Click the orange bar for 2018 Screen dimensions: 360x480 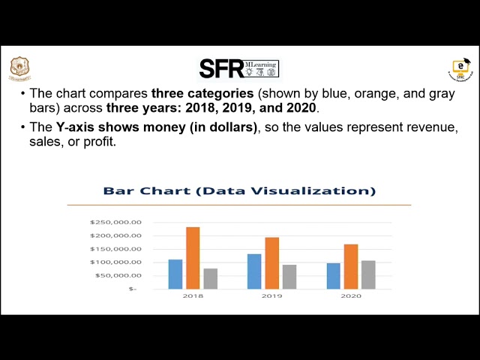[x=193, y=258]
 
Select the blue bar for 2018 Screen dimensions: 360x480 [x=175, y=274]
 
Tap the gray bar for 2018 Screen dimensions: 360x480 [x=211, y=278]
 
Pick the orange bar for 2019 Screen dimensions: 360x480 [x=271, y=263]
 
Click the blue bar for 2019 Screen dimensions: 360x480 [x=254, y=271]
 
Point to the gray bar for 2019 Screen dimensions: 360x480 [x=289, y=277]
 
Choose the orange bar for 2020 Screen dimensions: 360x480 [x=351, y=266]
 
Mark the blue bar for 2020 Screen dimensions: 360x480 [x=334, y=276]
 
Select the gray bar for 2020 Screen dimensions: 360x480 [x=368, y=274]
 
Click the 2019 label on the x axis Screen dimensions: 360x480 [x=271, y=296]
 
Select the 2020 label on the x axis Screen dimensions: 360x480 [x=351, y=296]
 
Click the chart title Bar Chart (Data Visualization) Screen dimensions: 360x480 [x=239, y=191]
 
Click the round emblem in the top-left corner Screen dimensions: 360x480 [x=20, y=68]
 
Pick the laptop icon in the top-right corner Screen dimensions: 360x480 [x=458, y=70]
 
